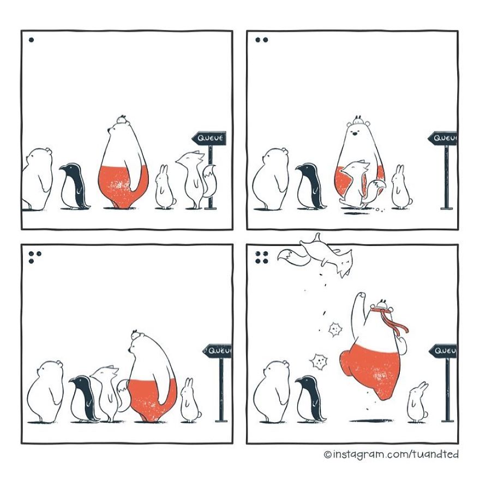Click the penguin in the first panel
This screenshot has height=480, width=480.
[74, 187]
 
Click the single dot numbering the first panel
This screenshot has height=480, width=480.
[31, 40]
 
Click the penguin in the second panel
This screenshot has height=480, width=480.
[310, 186]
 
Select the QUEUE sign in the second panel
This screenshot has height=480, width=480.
[444, 139]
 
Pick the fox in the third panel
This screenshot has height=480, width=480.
[106, 393]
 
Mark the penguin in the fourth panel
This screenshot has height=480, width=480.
[310, 399]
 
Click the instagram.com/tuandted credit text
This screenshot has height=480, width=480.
[392, 454]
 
